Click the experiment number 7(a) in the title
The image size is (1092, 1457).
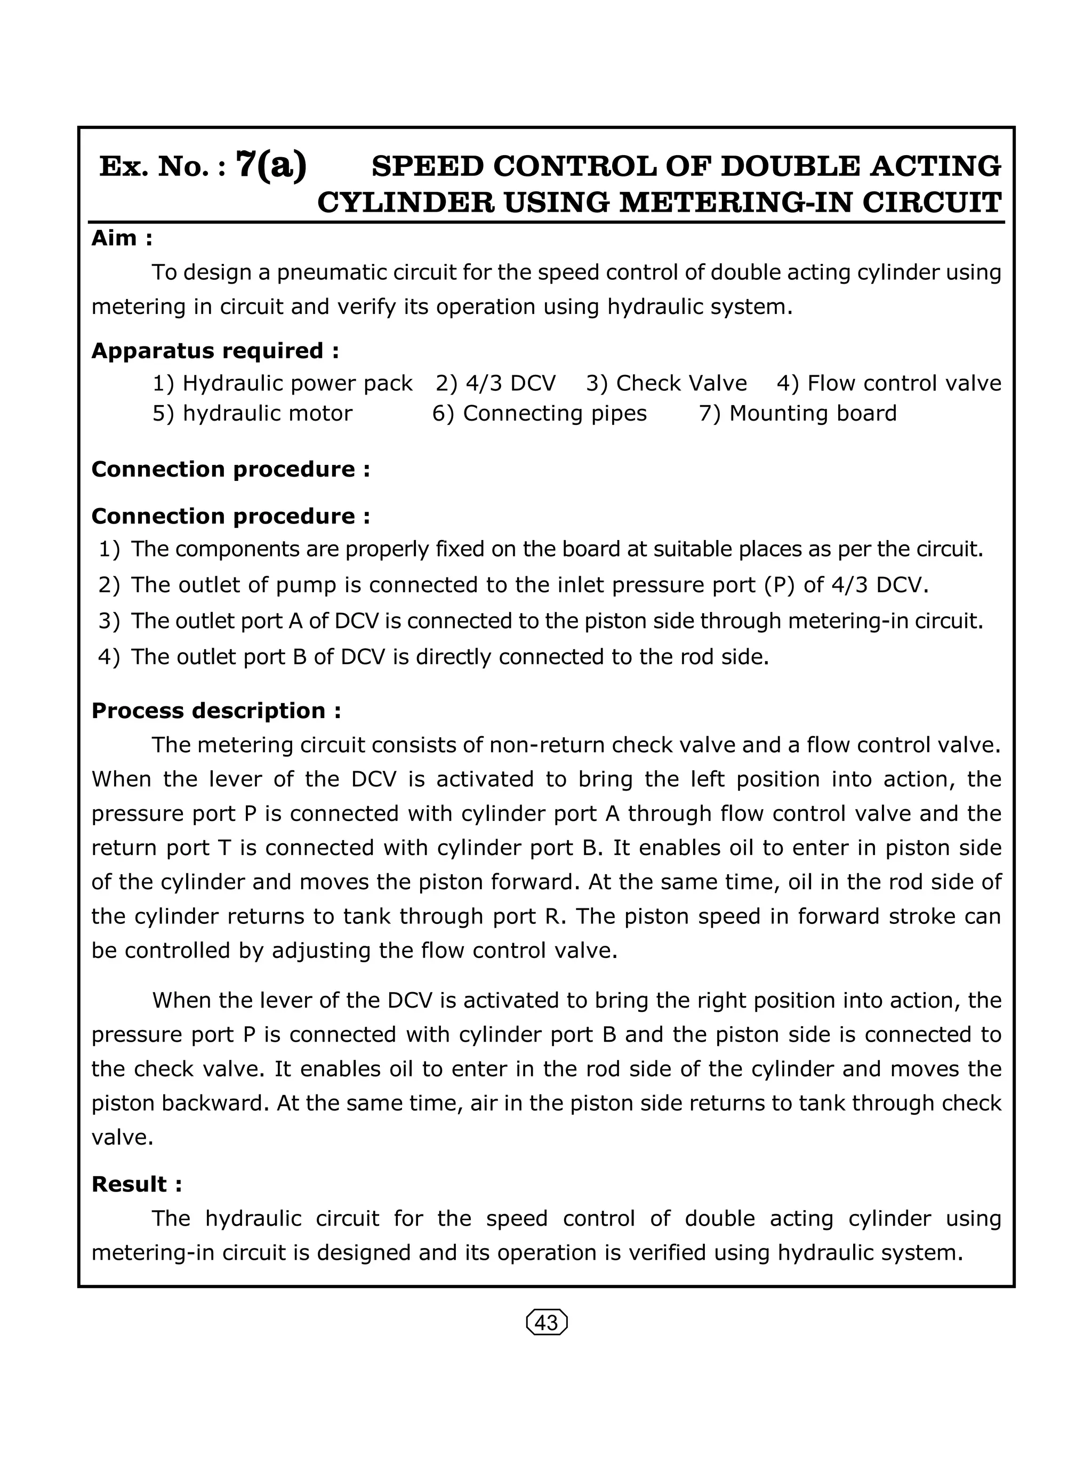[x=271, y=165]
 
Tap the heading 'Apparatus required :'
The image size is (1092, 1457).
[x=215, y=350]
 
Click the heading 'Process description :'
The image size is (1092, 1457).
[x=216, y=710]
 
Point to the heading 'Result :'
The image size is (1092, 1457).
[x=136, y=1184]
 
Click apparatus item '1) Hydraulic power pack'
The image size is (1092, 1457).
[x=282, y=383]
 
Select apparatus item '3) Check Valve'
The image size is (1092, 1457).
[x=666, y=383]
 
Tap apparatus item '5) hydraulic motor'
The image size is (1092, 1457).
[x=252, y=413]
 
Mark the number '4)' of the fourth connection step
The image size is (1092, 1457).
[x=109, y=657]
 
